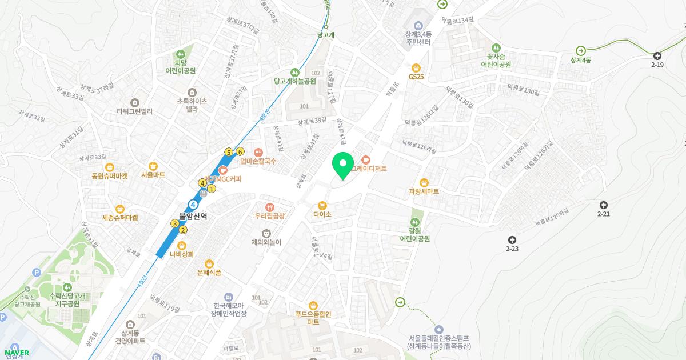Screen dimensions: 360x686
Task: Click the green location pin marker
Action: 343,166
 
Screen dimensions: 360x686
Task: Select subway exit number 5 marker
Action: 229,152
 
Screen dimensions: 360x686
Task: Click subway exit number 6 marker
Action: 240,151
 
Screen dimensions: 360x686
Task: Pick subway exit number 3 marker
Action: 175,223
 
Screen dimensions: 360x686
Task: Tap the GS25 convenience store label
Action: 416,76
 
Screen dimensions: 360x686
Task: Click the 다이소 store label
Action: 322,214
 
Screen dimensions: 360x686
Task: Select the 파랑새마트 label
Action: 424,191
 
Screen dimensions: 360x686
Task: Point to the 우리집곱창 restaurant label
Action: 270,216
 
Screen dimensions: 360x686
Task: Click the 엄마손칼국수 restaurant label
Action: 258,161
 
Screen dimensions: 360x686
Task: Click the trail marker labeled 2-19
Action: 657,55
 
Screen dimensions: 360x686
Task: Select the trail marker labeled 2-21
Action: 604,205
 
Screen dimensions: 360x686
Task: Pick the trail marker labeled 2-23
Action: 512,240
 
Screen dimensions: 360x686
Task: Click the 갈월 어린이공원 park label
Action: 415,234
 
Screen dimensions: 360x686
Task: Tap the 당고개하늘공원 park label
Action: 295,81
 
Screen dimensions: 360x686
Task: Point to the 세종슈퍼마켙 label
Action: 120,218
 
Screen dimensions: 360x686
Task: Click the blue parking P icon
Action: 37,273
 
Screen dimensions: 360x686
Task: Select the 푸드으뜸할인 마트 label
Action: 313,318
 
